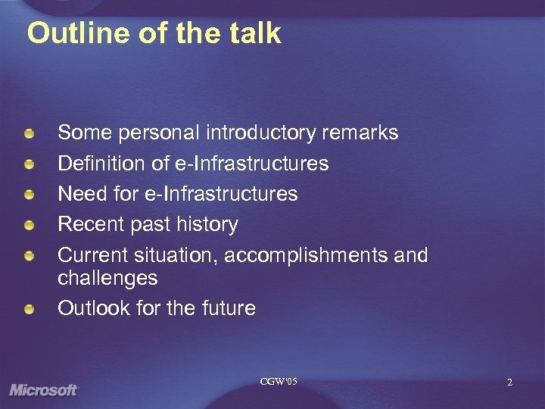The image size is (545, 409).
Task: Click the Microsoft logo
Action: click(x=43, y=390)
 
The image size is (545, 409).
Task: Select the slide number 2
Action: click(x=509, y=382)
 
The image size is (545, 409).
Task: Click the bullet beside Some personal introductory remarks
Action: click(x=29, y=135)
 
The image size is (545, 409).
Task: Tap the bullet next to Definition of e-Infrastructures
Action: click(x=29, y=165)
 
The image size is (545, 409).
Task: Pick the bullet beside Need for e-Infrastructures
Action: click(x=29, y=195)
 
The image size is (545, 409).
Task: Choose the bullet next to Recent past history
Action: click(x=29, y=226)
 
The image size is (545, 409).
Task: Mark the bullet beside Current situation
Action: click(x=29, y=256)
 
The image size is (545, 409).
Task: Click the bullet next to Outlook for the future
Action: click(x=29, y=310)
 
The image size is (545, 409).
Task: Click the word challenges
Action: click(x=107, y=278)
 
